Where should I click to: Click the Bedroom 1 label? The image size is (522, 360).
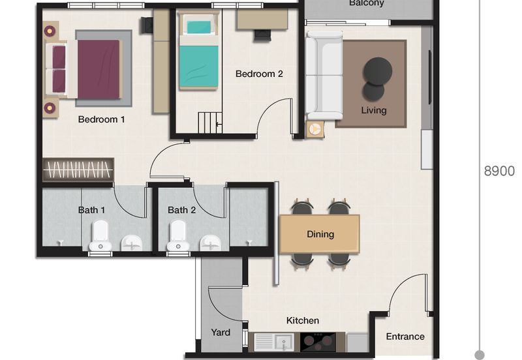(101, 119)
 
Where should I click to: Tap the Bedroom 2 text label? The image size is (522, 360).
(259, 74)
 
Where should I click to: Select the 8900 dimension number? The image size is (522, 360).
(499, 172)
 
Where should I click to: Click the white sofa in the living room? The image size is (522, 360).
(324, 75)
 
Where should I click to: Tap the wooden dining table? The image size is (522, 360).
(320, 233)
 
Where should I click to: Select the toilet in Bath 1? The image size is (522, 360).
(100, 236)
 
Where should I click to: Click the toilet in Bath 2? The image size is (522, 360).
(177, 236)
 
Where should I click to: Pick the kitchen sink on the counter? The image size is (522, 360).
(274, 342)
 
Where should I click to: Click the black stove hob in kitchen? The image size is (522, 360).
(318, 342)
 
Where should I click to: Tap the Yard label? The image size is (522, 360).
(221, 332)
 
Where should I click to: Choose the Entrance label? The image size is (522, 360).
(405, 337)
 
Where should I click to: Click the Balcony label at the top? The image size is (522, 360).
(366, 3)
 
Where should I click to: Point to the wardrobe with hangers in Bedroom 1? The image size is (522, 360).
(78, 170)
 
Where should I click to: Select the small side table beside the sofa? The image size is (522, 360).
(315, 129)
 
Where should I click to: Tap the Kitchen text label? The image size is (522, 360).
(303, 320)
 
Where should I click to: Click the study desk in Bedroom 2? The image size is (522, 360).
(262, 19)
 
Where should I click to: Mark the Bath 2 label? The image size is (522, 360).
(181, 210)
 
